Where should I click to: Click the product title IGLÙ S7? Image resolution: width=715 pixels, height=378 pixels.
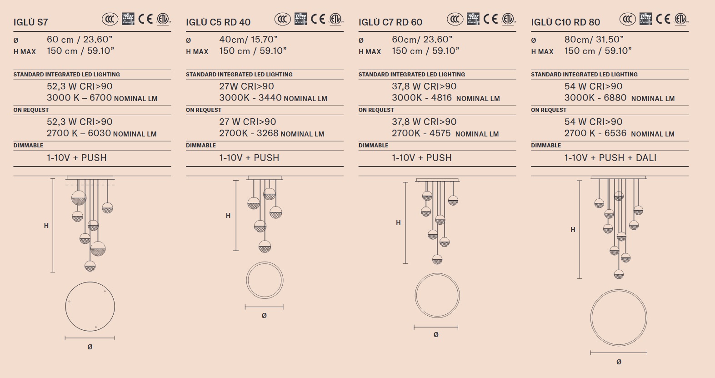30,22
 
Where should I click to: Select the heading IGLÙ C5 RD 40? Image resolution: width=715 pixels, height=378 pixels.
218,22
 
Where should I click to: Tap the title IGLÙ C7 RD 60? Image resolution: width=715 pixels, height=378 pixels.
390,22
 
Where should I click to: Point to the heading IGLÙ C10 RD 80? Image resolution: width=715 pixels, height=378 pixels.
565,22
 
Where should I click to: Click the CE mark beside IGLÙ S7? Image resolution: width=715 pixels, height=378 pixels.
145,19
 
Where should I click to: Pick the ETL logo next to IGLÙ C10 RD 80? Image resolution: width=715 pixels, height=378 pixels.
681,19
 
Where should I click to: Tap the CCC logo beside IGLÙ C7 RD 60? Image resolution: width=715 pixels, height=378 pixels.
455,19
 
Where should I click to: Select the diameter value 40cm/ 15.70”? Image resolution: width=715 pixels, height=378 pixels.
248,39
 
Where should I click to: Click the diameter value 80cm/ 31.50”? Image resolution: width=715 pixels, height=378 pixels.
594,39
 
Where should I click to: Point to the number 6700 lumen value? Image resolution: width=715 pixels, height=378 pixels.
100,97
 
